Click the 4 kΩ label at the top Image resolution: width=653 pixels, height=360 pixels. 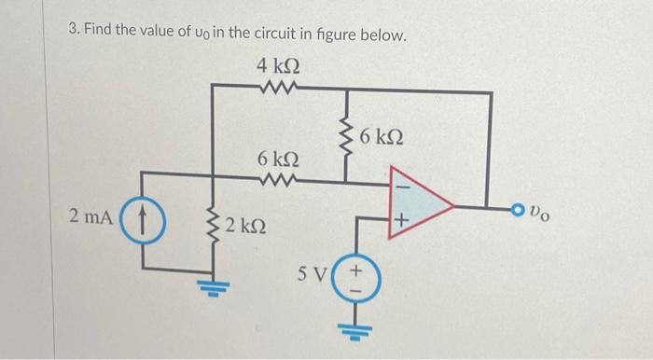point(277,68)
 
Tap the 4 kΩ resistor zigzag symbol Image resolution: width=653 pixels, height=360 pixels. point(279,89)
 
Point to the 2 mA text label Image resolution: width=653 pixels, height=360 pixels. point(92,217)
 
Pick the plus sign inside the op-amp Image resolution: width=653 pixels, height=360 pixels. point(401,222)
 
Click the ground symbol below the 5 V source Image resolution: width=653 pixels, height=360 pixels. point(354,328)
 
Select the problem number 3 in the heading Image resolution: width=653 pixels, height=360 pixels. point(73,34)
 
